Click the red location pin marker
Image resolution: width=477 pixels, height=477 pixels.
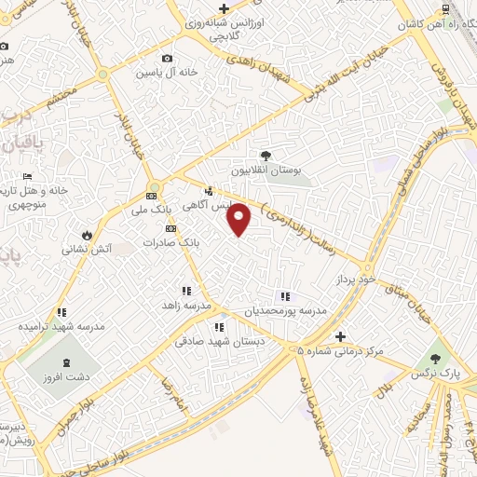click(240, 219)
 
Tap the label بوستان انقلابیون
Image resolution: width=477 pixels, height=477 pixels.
click(267, 171)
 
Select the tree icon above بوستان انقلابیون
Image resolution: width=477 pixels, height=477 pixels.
click(267, 156)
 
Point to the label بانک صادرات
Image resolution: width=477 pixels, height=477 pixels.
click(171, 242)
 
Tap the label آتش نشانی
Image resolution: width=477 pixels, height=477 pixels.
click(87, 250)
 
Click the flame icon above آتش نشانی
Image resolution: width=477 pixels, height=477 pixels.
click(87, 235)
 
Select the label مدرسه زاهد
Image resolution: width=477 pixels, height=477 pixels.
click(187, 306)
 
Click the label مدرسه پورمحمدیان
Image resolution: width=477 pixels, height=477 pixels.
click(285, 311)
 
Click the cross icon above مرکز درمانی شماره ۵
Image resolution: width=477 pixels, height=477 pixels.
click(341, 336)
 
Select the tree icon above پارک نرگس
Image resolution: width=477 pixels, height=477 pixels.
click(433, 358)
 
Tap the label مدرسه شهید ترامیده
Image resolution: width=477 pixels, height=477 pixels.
click(61, 328)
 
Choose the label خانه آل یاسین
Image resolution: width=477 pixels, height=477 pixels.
click(168, 72)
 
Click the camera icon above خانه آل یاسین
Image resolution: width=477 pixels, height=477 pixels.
click(168, 58)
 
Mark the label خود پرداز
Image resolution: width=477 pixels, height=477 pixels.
click(358, 279)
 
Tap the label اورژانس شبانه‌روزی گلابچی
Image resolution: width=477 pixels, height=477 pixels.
click(224, 28)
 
